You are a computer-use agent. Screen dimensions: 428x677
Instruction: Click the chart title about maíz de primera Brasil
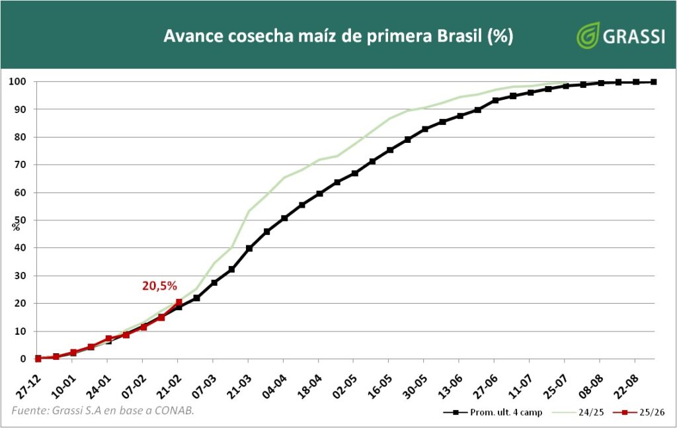(338, 36)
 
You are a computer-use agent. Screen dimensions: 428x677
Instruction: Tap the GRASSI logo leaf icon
(587, 36)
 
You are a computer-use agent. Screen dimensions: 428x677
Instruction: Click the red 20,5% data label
(159, 286)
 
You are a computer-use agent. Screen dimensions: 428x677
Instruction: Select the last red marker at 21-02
(179, 302)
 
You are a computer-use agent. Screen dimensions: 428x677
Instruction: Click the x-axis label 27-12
(29, 382)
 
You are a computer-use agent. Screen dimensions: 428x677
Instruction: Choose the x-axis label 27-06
(486, 382)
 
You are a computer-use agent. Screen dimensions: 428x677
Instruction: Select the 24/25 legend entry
(584, 412)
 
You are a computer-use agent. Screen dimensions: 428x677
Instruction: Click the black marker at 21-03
(249, 249)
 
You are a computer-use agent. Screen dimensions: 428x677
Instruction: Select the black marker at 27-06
(495, 101)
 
